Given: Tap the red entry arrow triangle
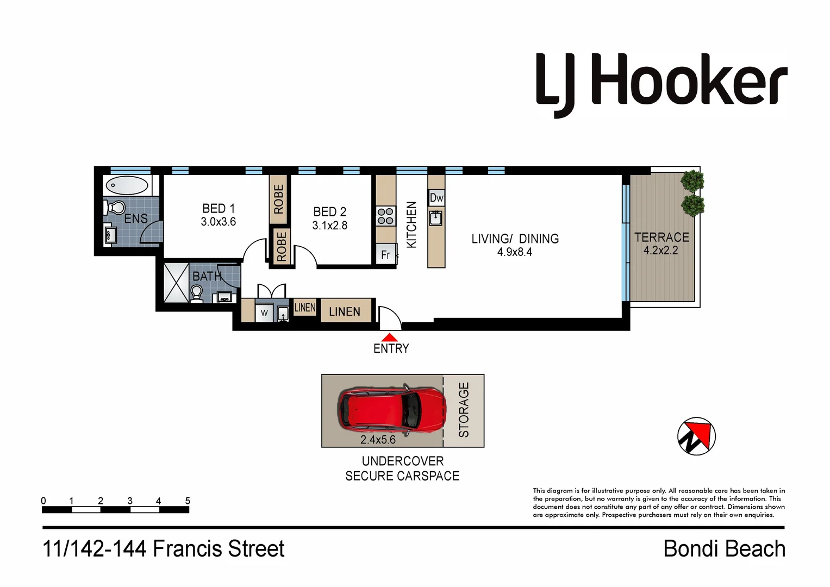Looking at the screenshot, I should (389, 338).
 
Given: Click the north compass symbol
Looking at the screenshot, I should (696, 436).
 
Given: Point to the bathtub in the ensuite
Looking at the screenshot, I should (127, 185).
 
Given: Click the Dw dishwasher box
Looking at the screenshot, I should (436, 198).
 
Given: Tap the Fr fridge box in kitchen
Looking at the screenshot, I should (385, 254).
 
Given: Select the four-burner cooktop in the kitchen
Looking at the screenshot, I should (385, 216).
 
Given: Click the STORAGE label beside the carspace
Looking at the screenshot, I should (464, 410).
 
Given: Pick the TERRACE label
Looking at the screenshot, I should (661, 238).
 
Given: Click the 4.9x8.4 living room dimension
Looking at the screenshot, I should (514, 252).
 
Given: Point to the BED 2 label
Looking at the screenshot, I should (329, 212).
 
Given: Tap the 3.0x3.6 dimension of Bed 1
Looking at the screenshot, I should (219, 222).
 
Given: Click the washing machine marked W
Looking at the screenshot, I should (264, 313).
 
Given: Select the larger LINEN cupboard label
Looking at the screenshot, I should (345, 311).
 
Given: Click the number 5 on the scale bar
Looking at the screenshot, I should (188, 501).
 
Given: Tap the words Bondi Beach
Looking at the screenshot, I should (724, 549).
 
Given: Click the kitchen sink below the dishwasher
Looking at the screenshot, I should (436, 218).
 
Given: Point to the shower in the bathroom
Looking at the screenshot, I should (176, 282).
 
